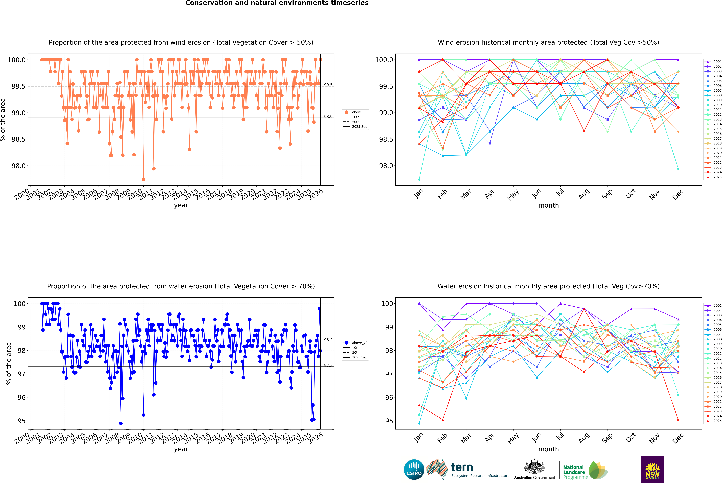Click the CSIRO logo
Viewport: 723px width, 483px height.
[x=414, y=469]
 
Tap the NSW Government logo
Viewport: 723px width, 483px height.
[x=652, y=469]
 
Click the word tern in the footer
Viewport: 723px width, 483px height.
[x=462, y=467]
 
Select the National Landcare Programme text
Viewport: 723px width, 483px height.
[x=574, y=472]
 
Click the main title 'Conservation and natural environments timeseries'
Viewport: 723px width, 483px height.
[x=277, y=3]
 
